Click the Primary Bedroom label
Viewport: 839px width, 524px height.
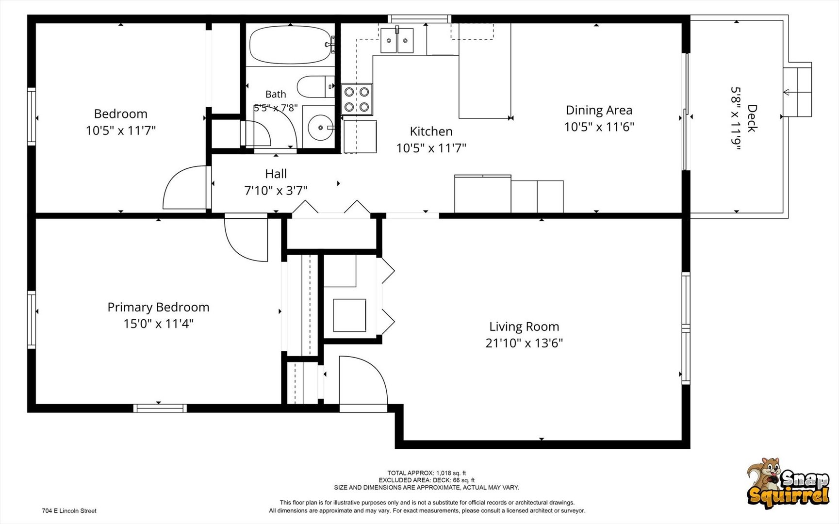[x=158, y=307]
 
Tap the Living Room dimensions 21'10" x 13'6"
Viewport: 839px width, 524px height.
[x=524, y=343]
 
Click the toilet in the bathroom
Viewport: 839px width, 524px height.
[x=315, y=87]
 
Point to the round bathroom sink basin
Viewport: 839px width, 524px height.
[x=320, y=128]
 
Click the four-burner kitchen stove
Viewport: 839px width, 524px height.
[x=357, y=99]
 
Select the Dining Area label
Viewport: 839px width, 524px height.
[x=599, y=110]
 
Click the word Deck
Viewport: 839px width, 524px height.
[x=752, y=118]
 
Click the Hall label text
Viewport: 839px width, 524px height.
[x=276, y=174]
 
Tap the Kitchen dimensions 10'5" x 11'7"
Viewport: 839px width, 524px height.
[x=431, y=148]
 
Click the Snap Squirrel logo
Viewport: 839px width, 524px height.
[x=788, y=484]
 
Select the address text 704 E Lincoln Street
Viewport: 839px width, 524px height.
[x=69, y=511]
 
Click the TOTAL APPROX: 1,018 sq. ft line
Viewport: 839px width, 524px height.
[x=427, y=473]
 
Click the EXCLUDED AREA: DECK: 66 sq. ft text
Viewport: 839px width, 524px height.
[x=427, y=480]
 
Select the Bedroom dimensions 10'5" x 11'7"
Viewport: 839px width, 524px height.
[x=121, y=131]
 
